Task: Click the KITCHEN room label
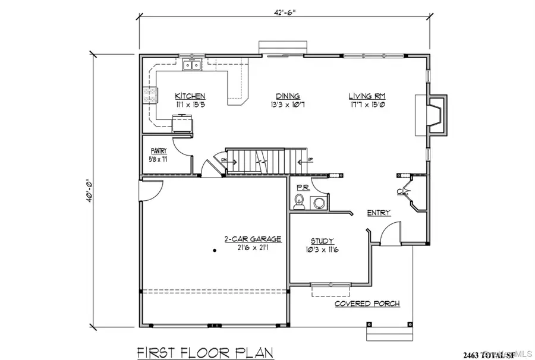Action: tap(190, 96)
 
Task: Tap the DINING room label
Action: tap(287, 96)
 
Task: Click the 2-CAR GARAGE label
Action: tap(252, 239)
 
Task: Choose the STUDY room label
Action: tap(322, 241)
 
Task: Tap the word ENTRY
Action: tap(379, 213)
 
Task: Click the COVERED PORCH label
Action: tap(367, 304)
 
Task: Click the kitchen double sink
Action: tap(193, 64)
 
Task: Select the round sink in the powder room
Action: tap(319, 204)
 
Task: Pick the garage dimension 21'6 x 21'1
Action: tap(252, 248)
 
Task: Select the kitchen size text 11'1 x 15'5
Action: tap(190, 105)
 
